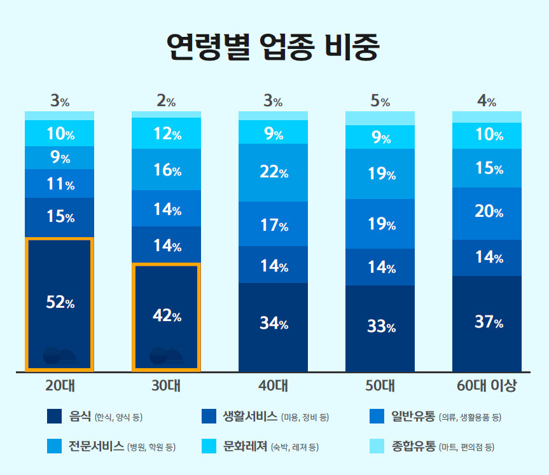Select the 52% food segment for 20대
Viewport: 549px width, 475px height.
[x=60, y=303]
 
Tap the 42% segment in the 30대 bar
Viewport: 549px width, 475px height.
[x=167, y=316]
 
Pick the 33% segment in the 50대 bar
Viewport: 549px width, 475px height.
[x=380, y=328]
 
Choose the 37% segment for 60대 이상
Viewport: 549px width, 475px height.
[x=487, y=323]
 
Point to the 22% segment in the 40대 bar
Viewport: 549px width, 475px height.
[x=274, y=172]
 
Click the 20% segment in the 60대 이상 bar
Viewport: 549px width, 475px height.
[x=487, y=213]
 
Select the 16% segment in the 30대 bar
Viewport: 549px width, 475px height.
[x=167, y=170]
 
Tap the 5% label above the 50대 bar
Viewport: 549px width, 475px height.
[x=380, y=101]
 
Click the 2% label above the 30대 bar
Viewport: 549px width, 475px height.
[x=167, y=101]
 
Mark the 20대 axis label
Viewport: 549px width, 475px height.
[x=60, y=386]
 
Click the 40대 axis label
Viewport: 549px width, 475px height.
[x=274, y=386]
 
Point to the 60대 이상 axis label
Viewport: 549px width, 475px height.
[x=487, y=386]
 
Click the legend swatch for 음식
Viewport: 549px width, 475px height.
[x=55, y=417]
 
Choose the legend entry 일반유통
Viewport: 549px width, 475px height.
[x=413, y=417]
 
